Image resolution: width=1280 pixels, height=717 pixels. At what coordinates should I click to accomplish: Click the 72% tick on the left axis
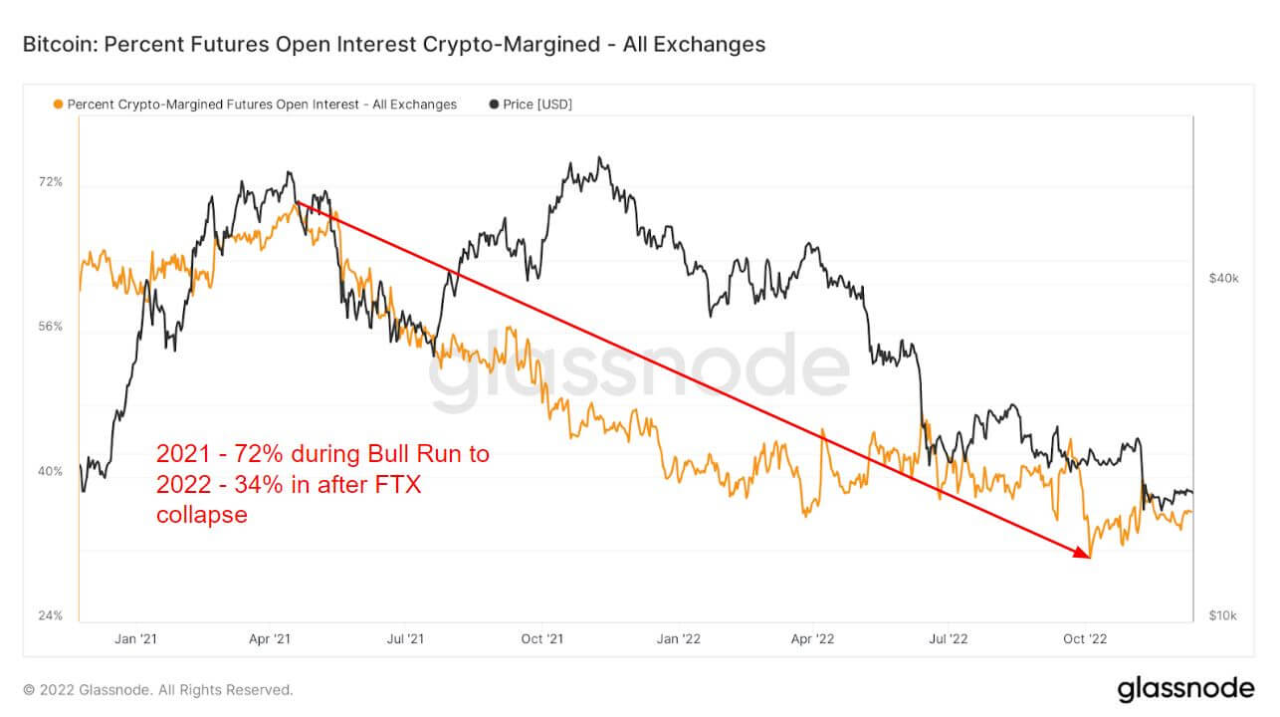[x=51, y=182]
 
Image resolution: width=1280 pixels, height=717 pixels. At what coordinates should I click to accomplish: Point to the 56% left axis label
[x=51, y=327]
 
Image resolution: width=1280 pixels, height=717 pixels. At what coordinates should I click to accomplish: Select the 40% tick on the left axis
[x=51, y=471]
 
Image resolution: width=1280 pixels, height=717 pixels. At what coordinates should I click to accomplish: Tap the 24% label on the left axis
[x=51, y=615]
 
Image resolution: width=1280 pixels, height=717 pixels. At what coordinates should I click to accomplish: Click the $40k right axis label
[x=1222, y=279]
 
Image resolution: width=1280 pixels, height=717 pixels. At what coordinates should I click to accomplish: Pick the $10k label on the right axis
[x=1222, y=615]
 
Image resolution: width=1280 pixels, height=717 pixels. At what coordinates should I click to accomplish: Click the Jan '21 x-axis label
[x=135, y=638]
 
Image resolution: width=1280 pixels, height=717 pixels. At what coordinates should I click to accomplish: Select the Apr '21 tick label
[x=270, y=638]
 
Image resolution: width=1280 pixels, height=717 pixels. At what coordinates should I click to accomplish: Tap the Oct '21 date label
[x=542, y=638]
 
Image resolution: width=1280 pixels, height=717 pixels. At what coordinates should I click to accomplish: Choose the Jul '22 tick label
[x=951, y=638]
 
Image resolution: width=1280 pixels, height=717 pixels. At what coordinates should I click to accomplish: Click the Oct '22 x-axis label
[x=1087, y=638]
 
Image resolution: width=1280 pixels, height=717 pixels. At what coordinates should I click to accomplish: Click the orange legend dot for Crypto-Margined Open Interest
[x=58, y=105]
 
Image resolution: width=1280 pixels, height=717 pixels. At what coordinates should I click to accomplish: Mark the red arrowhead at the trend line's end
[x=1085, y=554]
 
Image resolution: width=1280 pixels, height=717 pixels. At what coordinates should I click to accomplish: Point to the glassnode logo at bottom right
[x=1184, y=688]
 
